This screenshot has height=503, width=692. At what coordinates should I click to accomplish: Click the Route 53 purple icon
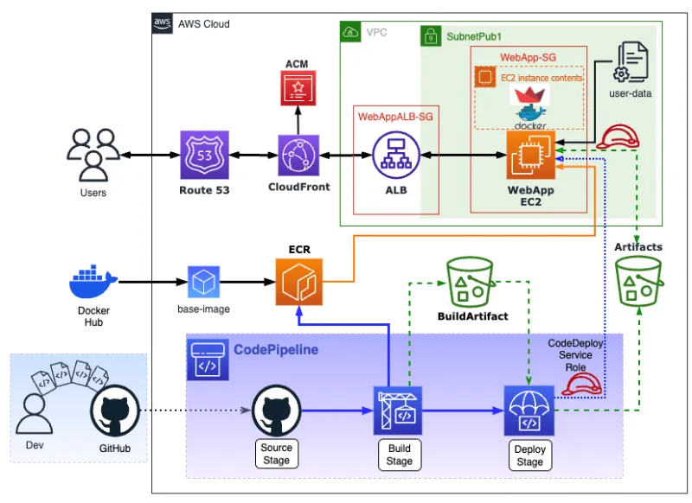point(205,156)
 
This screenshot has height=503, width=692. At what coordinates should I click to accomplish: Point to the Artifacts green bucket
point(638,282)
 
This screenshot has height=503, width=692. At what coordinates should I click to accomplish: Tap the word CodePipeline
point(275,349)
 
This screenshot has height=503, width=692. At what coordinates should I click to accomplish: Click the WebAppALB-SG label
point(394,115)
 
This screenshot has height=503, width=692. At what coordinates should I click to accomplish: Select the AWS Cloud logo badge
point(162,23)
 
